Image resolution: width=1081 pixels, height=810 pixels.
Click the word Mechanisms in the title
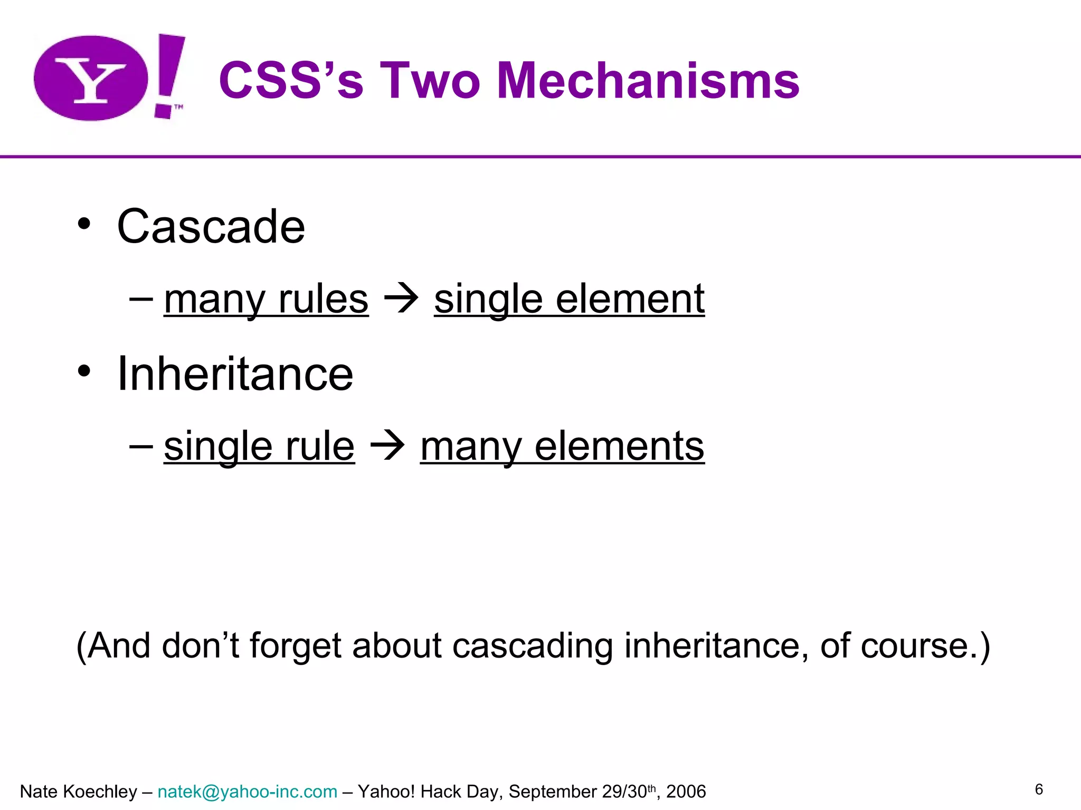[x=648, y=81]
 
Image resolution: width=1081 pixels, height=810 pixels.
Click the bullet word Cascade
[x=211, y=226]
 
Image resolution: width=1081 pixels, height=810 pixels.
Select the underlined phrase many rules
[x=266, y=299]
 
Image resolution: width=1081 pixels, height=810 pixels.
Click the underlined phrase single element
[x=569, y=299]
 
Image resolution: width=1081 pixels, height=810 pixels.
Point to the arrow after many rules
[x=401, y=299]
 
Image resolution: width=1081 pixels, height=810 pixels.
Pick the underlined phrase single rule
[x=259, y=446]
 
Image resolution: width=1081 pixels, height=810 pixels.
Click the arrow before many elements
[x=387, y=446]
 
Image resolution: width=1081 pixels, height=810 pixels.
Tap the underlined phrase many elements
[x=562, y=446]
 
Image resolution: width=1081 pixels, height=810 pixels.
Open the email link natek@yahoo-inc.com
[x=247, y=792]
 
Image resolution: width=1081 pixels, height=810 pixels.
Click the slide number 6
[x=1039, y=789]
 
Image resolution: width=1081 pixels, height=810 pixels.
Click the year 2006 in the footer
[x=686, y=792]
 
